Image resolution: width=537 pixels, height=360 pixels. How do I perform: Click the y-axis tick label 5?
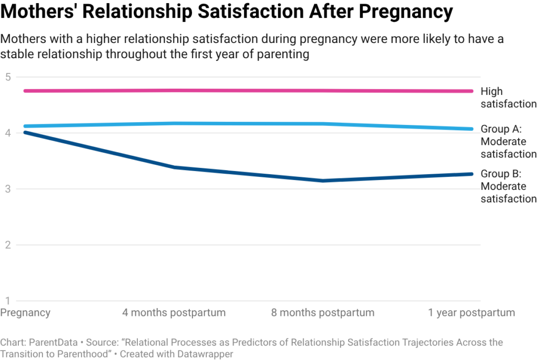click(x=7, y=77)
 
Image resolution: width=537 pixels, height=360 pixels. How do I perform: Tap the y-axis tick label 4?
click(x=7, y=133)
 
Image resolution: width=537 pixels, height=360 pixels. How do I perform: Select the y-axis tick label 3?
click(x=7, y=189)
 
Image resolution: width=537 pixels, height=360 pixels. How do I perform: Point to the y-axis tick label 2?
click(x=7, y=245)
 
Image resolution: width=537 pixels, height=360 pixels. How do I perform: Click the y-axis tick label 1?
click(x=7, y=301)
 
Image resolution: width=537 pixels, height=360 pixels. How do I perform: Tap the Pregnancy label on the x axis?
click(x=25, y=313)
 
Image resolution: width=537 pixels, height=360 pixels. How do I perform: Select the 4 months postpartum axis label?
click(x=174, y=313)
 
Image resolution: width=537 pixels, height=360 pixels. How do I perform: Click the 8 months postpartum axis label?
click(x=323, y=313)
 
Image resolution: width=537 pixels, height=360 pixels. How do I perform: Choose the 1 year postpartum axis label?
click(x=471, y=313)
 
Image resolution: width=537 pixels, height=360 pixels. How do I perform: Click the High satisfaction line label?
click(x=508, y=98)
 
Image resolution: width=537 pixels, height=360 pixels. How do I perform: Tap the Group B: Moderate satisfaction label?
click(x=508, y=186)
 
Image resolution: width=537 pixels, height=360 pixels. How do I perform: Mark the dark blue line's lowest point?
click(x=323, y=181)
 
